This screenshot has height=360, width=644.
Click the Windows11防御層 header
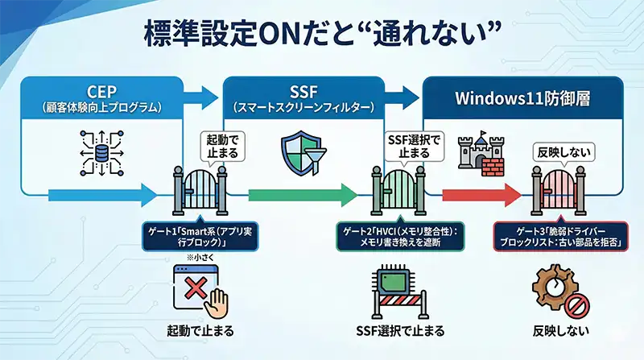(x=522, y=98)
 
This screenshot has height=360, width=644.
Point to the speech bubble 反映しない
(x=561, y=151)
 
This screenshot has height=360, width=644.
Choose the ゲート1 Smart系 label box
(x=188, y=234)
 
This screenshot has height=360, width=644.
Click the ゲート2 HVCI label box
(x=399, y=234)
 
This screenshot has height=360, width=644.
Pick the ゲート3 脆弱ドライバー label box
(x=561, y=234)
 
